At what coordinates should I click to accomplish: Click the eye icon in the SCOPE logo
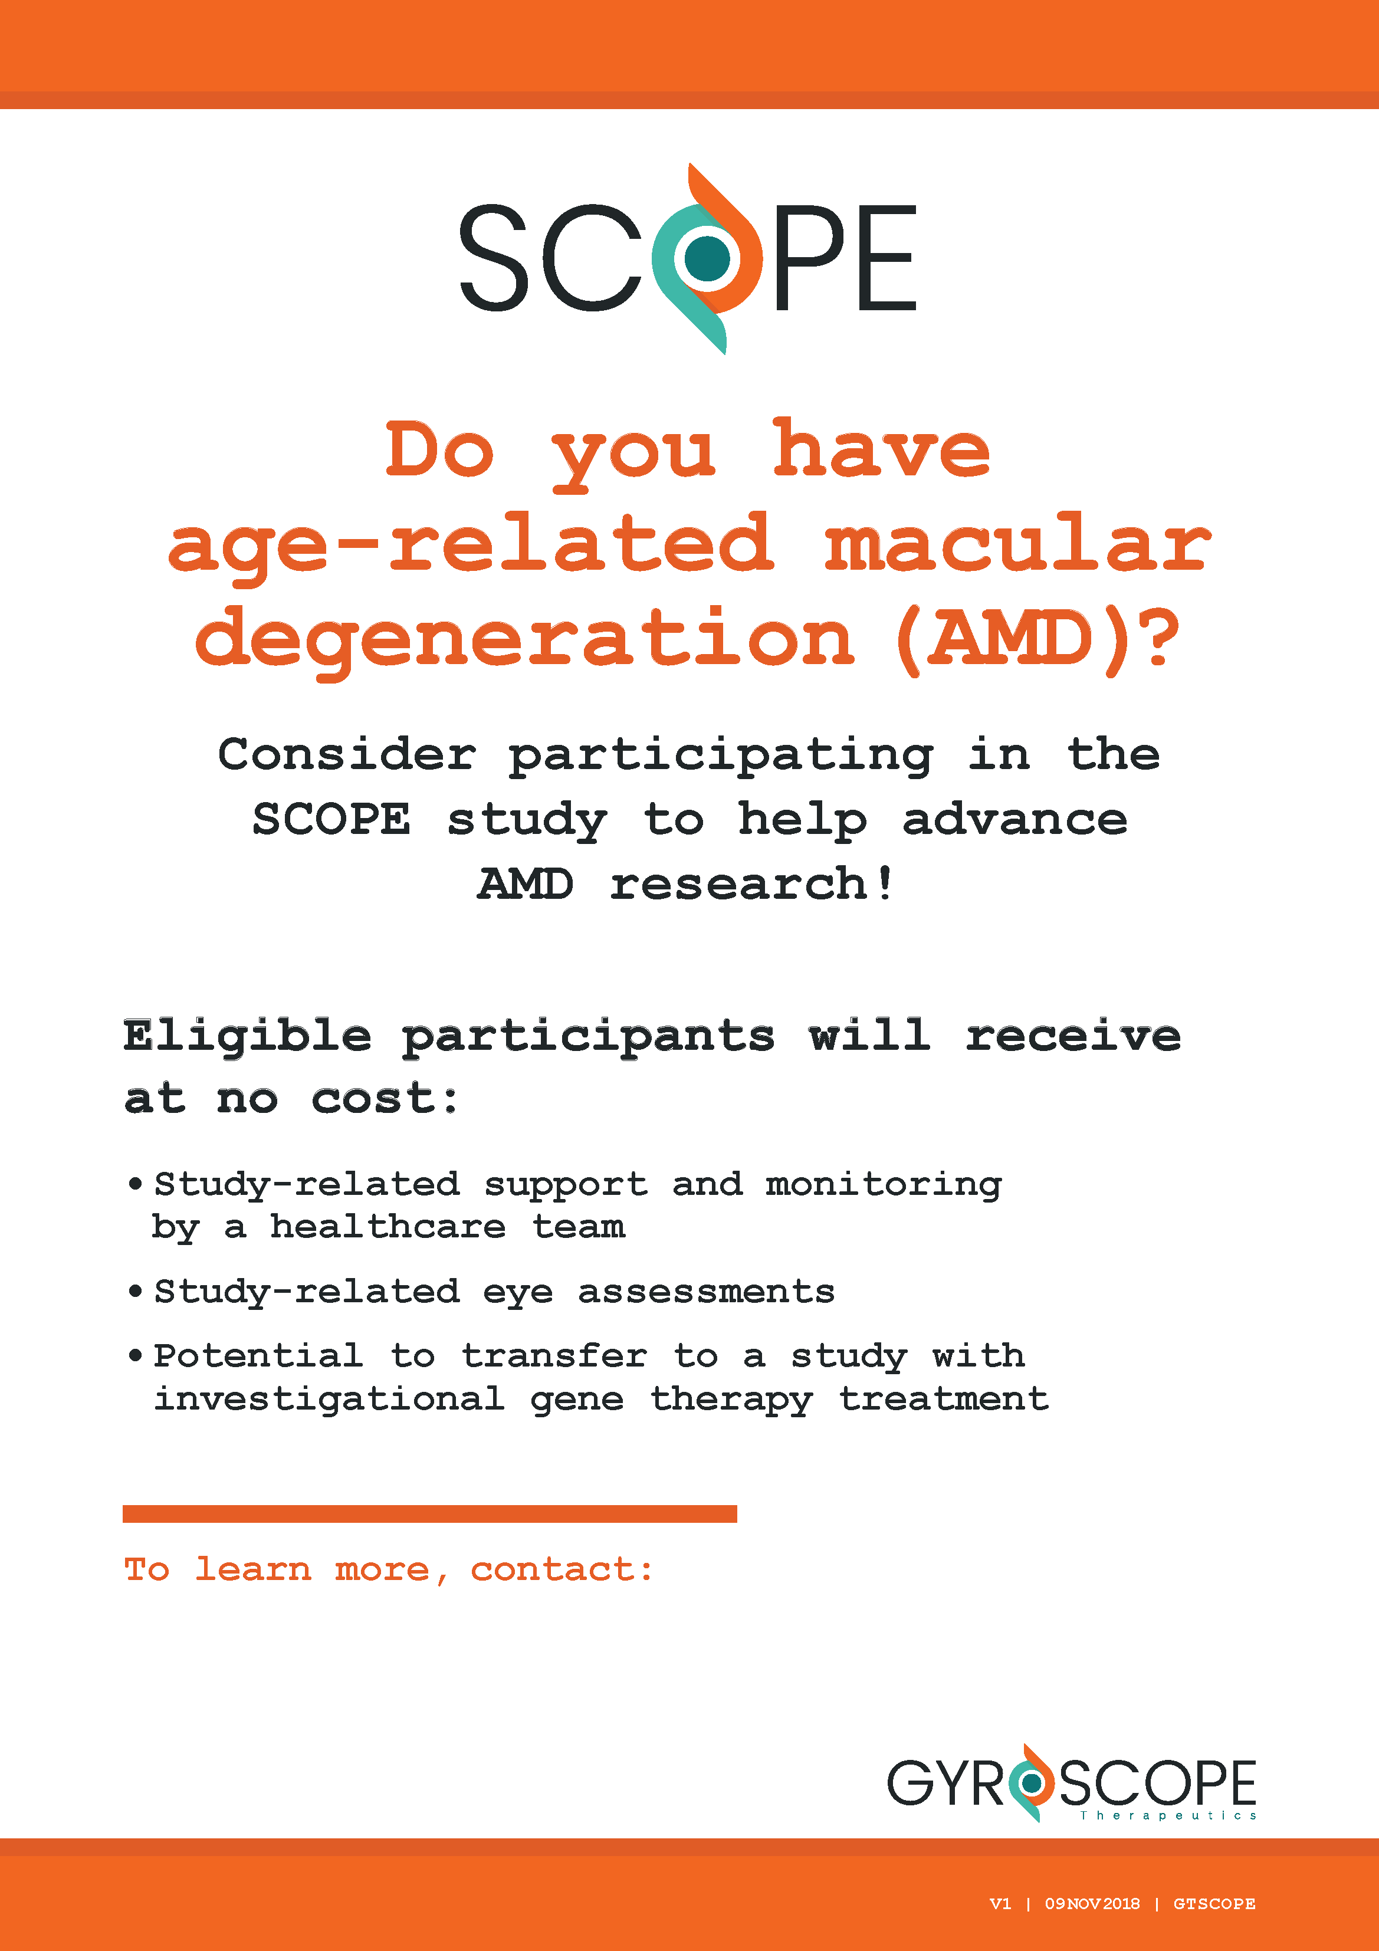(x=707, y=258)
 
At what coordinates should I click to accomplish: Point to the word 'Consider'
(x=347, y=754)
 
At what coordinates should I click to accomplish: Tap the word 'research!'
(x=752, y=883)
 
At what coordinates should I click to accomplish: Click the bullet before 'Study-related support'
(x=135, y=1183)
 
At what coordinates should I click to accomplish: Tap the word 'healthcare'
(x=388, y=1226)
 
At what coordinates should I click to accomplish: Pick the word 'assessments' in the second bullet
(x=706, y=1292)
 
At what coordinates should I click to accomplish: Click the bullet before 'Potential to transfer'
(x=135, y=1355)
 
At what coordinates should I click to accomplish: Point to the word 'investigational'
(x=329, y=1400)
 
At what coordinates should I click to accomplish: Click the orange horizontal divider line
(x=430, y=1513)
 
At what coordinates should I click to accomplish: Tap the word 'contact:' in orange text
(x=562, y=1569)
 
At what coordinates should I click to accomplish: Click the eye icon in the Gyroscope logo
(x=1032, y=1783)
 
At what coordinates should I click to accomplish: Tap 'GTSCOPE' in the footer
(x=1214, y=1903)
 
